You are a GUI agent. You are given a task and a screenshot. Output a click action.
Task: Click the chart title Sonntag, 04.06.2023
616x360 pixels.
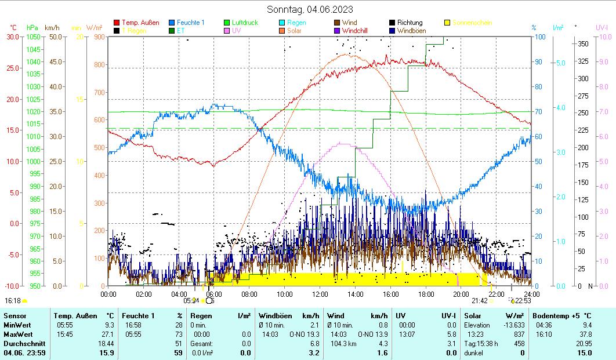(310, 9)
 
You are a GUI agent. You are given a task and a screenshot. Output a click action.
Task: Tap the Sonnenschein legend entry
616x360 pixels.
(472, 23)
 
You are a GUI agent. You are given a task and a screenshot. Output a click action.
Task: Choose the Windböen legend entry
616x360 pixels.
(410, 31)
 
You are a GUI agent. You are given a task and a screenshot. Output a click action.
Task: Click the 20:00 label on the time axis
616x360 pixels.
(461, 294)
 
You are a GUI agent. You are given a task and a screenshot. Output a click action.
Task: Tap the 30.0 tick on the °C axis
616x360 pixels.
(13, 37)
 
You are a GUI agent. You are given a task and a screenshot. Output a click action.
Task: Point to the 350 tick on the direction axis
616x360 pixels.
(583, 43)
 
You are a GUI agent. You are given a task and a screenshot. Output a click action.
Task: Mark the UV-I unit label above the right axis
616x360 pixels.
(601, 27)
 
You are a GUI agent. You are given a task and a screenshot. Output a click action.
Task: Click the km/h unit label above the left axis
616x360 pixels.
(52, 27)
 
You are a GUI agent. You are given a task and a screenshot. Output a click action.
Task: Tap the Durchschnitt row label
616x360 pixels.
(20, 344)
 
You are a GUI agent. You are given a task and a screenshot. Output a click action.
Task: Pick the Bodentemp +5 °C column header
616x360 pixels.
(563, 316)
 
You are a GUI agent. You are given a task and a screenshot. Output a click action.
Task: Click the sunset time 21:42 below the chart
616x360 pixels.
(479, 300)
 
